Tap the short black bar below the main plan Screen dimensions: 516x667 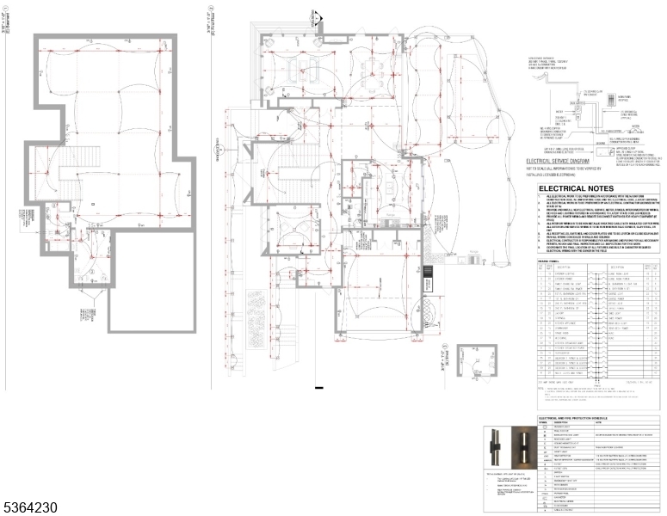[319, 390]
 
